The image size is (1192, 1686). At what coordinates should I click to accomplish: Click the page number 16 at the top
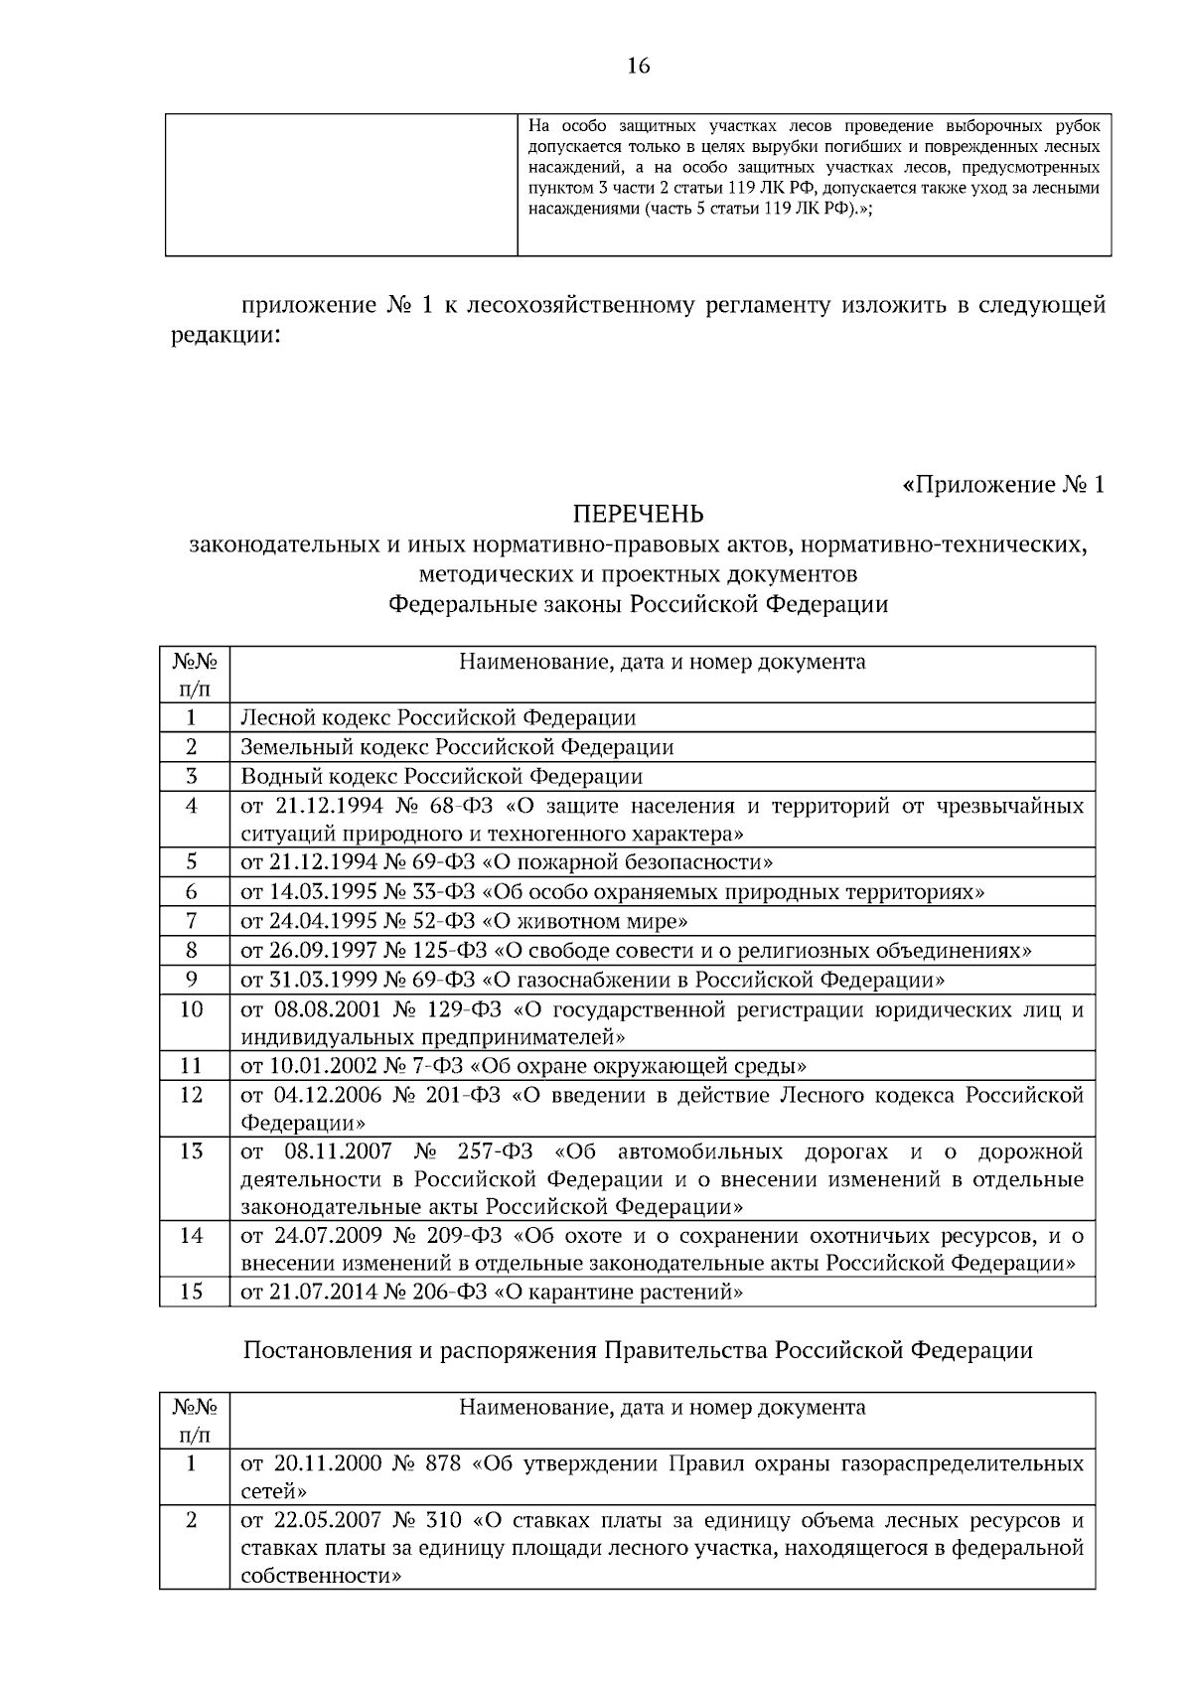tap(638, 66)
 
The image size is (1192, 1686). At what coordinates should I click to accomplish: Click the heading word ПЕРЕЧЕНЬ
tap(638, 514)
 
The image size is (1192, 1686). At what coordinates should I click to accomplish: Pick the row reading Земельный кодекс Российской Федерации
tap(457, 747)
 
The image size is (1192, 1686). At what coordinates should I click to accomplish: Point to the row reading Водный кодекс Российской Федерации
tap(441, 776)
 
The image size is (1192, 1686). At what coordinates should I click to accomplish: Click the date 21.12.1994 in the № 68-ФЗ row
tap(330, 805)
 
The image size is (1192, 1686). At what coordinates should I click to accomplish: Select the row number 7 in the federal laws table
tap(192, 921)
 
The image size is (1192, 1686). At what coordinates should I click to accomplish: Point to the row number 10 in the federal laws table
tap(192, 1009)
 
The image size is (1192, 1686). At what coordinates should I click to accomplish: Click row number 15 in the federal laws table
tap(192, 1292)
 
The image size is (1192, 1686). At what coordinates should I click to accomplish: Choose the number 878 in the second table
tap(437, 1464)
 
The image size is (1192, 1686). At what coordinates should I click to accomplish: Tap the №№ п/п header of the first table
tap(195, 675)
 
